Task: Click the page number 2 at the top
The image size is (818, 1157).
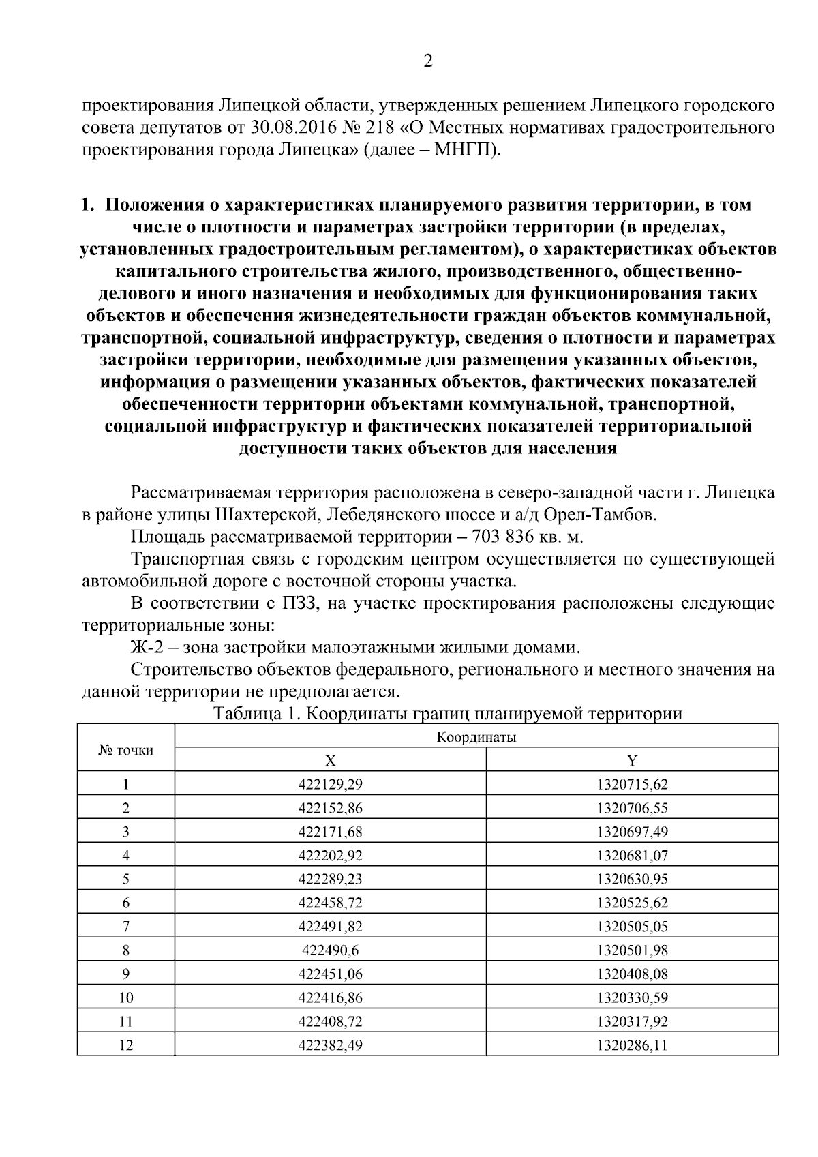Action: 428,61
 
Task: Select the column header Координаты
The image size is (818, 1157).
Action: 476,737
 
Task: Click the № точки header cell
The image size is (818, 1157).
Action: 126,750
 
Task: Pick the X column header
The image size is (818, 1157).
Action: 330,761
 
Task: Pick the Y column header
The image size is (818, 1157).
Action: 632,761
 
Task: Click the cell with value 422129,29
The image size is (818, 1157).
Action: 330,785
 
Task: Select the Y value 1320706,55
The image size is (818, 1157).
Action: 632,809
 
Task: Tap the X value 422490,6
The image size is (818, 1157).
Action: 330,950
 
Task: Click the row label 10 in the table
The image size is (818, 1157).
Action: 126,997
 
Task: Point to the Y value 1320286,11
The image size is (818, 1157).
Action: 632,1045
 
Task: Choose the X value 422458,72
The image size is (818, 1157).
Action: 330,903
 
